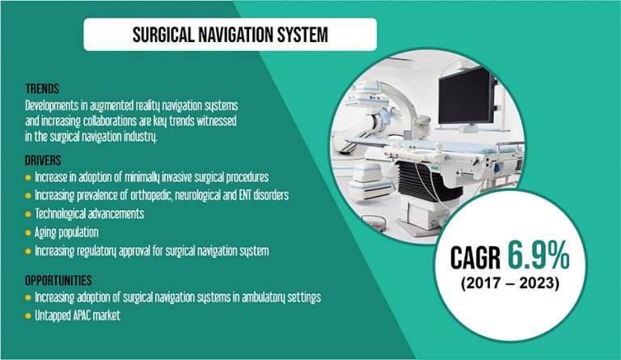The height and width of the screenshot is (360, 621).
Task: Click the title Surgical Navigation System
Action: [230, 35]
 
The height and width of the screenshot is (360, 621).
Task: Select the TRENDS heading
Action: [41, 90]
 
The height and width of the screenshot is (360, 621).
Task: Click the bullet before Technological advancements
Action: [28, 214]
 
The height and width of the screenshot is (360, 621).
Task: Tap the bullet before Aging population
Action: [28, 232]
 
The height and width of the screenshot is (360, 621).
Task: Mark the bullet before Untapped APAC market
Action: [28, 316]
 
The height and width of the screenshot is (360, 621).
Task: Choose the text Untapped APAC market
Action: [78, 316]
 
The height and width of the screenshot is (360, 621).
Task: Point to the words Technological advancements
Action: [90, 214]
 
